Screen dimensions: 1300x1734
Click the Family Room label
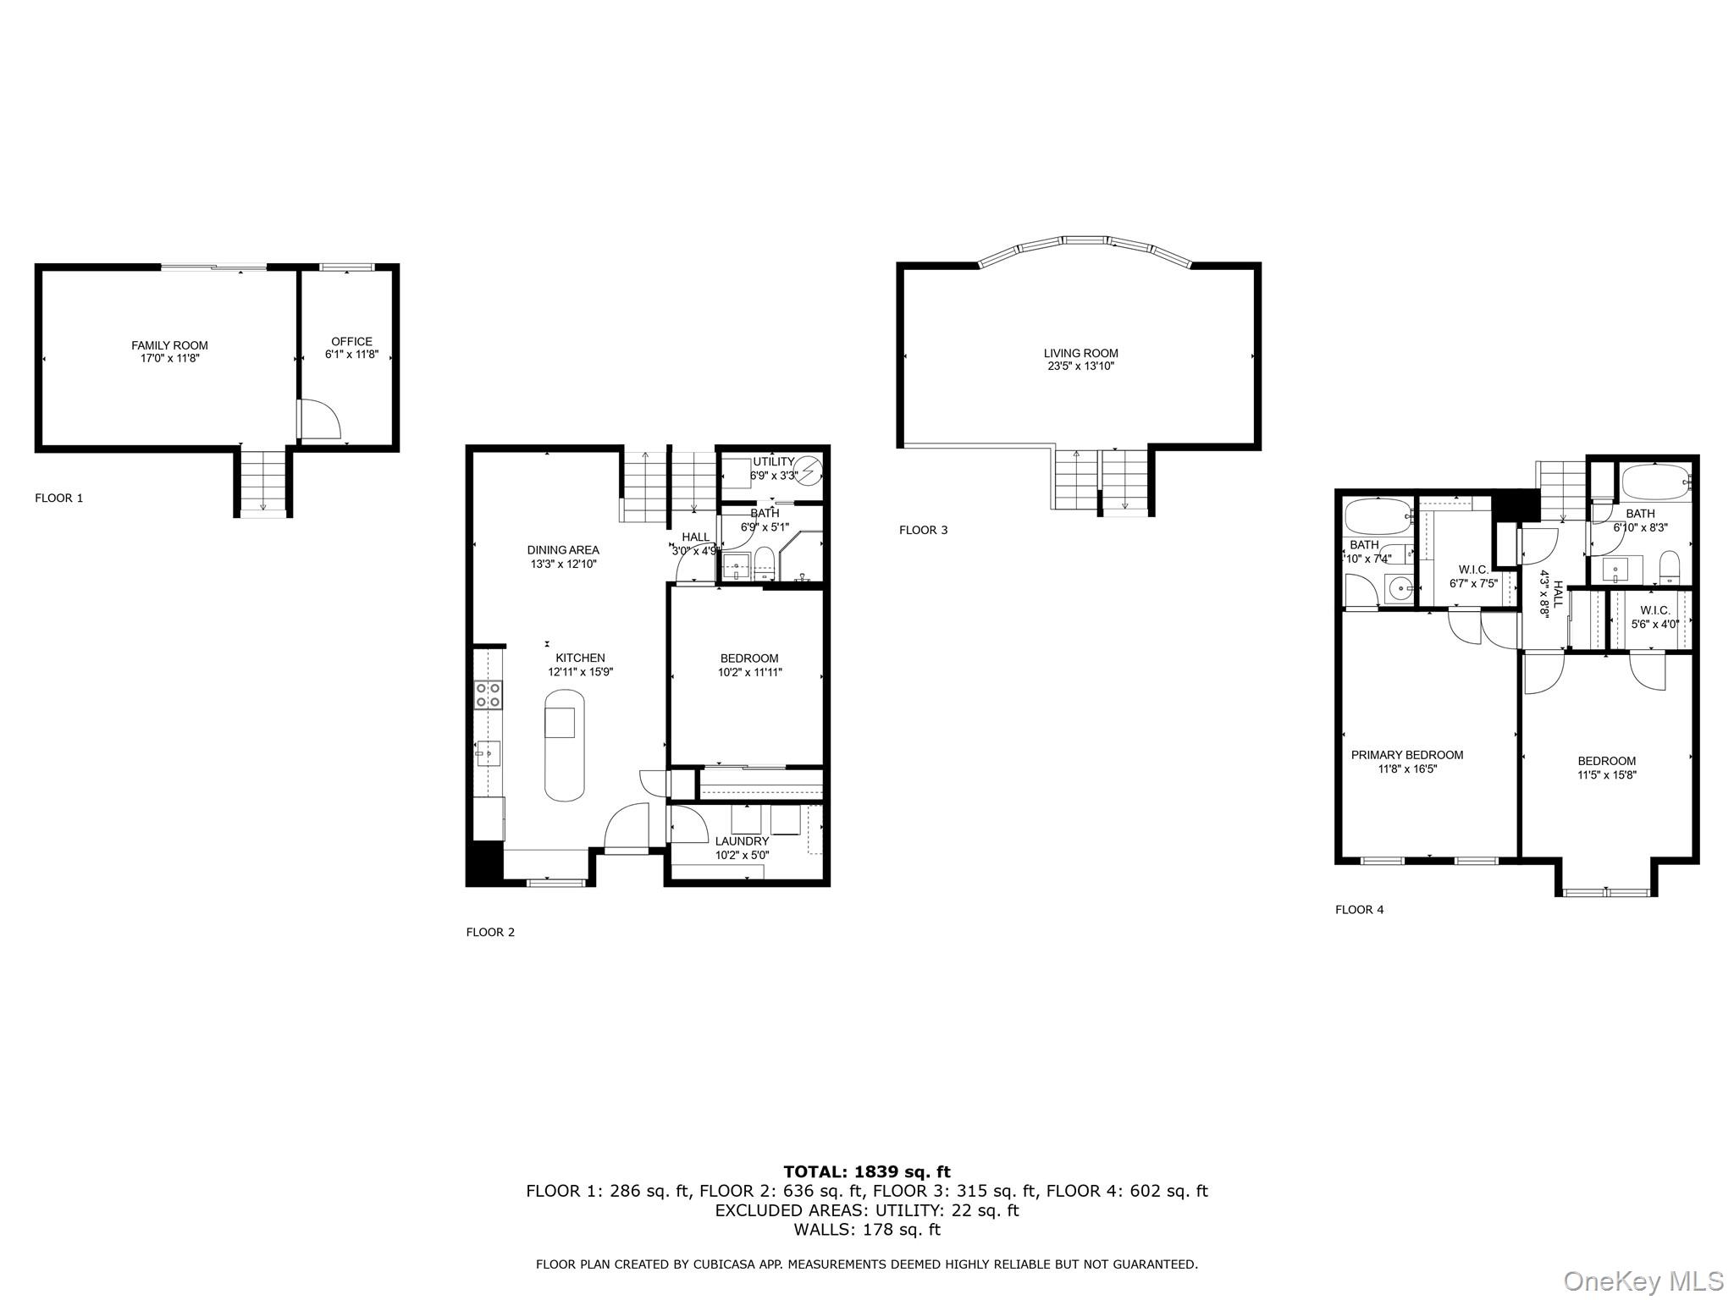169,345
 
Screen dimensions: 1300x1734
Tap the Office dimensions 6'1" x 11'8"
351,355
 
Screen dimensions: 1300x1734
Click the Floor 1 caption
58,499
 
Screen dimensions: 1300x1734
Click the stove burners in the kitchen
488,695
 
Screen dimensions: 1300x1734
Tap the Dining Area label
563,550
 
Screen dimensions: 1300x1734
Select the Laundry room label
742,841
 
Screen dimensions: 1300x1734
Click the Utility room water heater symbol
810,468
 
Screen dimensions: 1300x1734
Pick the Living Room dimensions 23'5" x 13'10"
1080,366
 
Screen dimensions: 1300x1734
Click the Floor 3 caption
923,531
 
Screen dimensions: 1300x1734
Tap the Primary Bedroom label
1406,755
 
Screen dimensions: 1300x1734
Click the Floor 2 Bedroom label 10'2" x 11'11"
749,658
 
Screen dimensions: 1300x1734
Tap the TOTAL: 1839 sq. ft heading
866,1172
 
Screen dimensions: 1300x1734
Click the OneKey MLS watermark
1643,1281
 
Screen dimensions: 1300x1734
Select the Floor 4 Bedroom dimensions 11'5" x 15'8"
1606,774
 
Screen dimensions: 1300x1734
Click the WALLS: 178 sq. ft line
866,1230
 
